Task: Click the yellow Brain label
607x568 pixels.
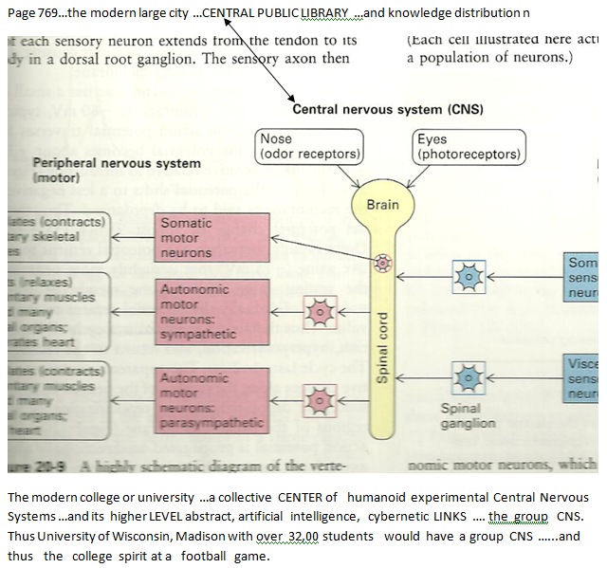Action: tap(383, 204)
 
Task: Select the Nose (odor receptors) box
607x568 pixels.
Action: tap(310, 146)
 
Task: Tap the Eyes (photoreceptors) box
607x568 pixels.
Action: tap(469, 146)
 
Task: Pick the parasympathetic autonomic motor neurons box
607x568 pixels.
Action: tap(198, 398)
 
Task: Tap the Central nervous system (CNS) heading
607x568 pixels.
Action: tap(387, 109)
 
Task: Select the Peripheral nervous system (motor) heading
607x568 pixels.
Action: tap(116, 170)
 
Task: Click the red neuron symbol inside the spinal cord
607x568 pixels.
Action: tap(384, 262)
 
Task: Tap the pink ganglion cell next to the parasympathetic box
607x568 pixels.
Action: tap(320, 398)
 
